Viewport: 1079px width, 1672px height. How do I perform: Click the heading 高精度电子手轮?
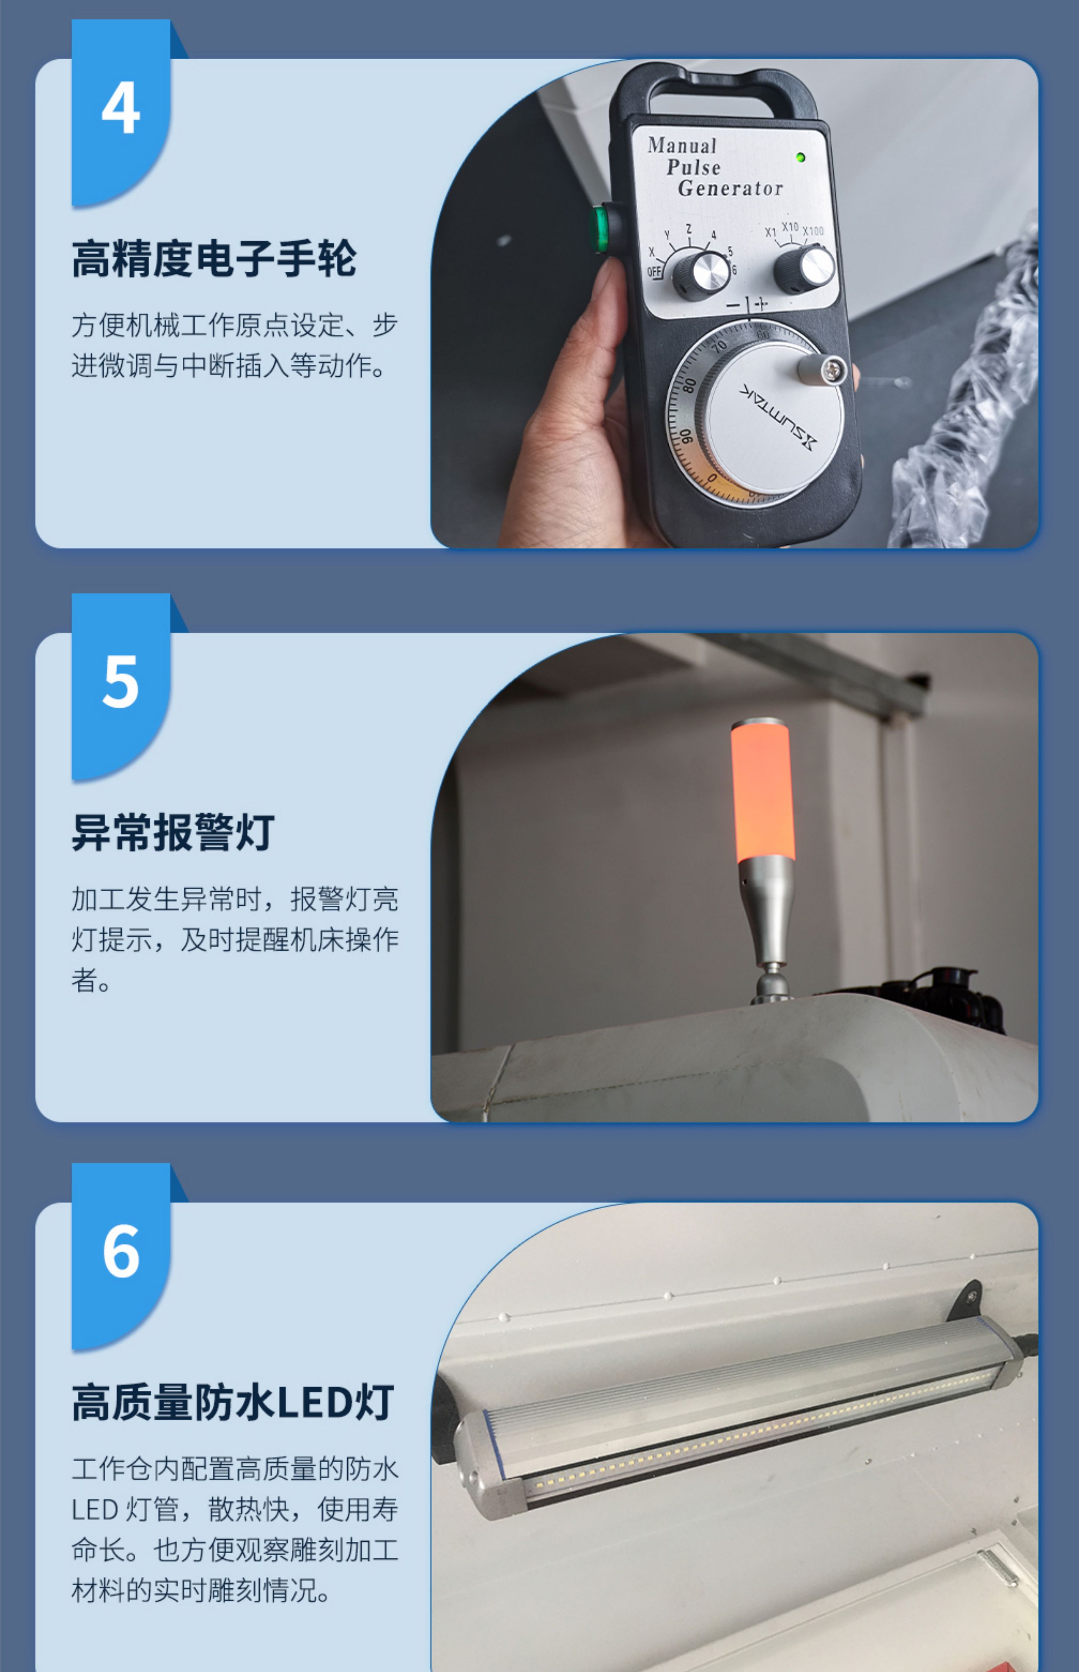[x=214, y=259]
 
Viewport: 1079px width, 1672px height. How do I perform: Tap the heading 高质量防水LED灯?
[x=233, y=1402]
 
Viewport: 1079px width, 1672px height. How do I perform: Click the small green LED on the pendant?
[x=800, y=157]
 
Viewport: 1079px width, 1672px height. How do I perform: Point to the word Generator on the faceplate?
[x=730, y=188]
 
